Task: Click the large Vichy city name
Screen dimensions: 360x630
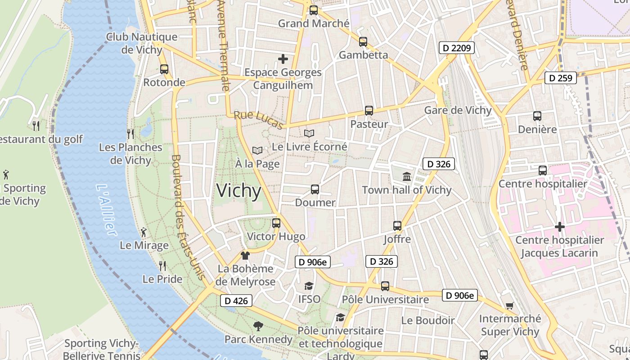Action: [238, 191]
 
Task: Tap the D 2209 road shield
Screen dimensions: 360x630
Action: [457, 47]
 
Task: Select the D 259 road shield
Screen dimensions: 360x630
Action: [561, 78]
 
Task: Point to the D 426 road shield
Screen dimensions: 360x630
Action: [236, 301]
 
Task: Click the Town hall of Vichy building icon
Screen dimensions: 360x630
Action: [407, 176]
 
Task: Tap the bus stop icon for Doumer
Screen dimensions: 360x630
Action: [315, 189]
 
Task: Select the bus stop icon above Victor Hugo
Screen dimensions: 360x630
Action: [276, 223]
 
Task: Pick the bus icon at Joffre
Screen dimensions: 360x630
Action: [397, 225]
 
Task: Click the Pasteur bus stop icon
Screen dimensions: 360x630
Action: [369, 111]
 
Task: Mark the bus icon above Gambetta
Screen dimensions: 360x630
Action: [363, 42]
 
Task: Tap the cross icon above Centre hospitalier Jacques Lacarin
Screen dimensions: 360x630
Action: [559, 227]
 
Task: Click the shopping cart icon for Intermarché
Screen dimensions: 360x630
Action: [509, 306]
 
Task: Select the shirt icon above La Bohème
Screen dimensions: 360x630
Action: [245, 256]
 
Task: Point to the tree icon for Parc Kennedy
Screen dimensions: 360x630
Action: [258, 326]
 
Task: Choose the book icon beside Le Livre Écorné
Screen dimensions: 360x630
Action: [309, 133]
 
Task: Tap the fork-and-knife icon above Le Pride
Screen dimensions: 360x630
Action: [162, 265]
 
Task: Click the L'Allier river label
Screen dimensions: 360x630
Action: [106, 210]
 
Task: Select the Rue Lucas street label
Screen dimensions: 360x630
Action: [258, 120]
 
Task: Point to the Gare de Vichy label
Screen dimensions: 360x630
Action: [458, 110]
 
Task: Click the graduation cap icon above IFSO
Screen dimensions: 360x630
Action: [309, 286]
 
